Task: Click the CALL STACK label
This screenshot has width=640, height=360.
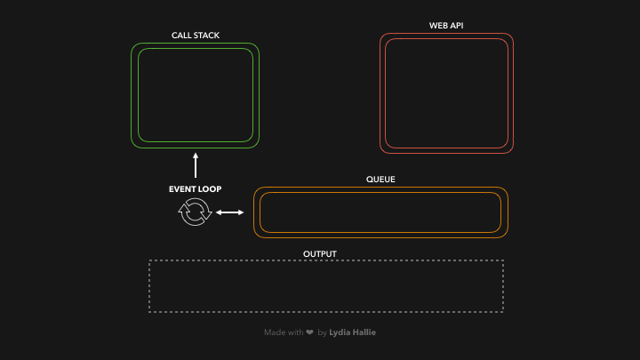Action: (196, 36)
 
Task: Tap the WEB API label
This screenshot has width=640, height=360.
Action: (446, 26)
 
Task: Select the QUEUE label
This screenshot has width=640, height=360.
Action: (380, 180)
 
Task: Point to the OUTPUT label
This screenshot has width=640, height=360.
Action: (320, 254)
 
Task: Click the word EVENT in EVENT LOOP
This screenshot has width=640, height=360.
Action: (183, 189)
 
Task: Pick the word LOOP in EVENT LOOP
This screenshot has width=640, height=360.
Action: (211, 189)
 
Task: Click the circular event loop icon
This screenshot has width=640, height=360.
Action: (195, 212)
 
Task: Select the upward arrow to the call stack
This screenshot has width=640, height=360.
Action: (196, 165)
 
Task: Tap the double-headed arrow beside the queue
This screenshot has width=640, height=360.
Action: (230, 212)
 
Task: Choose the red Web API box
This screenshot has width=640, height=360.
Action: (446, 93)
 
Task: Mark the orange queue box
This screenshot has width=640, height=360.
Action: (380, 212)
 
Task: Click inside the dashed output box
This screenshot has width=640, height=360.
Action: (326, 286)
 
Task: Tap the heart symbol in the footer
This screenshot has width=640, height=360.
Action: (309, 332)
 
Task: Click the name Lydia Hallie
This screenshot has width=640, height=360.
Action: (352, 332)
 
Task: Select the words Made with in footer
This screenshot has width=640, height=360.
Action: (283, 332)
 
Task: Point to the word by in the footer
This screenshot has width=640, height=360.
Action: (322, 332)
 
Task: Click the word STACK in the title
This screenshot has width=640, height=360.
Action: (206, 36)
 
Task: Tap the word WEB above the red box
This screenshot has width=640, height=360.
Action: (437, 26)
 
